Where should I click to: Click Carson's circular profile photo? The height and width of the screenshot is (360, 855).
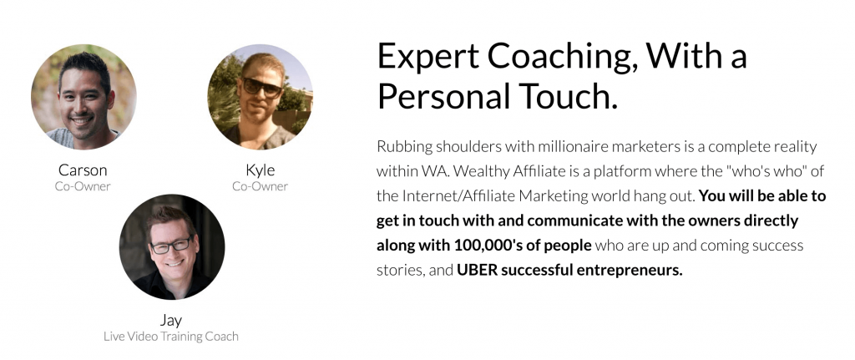pos(83,97)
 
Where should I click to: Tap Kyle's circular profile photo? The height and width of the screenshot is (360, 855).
pos(261,97)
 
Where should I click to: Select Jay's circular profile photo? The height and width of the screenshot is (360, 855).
pos(172,246)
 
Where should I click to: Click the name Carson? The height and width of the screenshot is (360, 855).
pos(83,170)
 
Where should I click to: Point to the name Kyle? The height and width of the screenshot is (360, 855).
pos(261,170)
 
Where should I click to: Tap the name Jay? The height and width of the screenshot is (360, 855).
pos(170,320)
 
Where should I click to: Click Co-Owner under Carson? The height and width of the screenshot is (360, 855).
pos(83,186)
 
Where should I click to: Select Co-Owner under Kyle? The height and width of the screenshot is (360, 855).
pos(261,186)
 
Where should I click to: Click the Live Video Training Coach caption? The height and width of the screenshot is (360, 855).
pos(171,337)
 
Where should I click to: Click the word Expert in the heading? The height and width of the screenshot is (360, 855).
pos(427,57)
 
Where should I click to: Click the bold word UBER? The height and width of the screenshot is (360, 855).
pos(477,270)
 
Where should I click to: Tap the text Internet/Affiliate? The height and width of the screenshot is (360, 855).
pos(458,195)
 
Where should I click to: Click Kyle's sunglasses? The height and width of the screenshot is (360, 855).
pos(261,87)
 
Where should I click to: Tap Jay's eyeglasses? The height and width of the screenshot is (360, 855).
pos(170,246)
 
